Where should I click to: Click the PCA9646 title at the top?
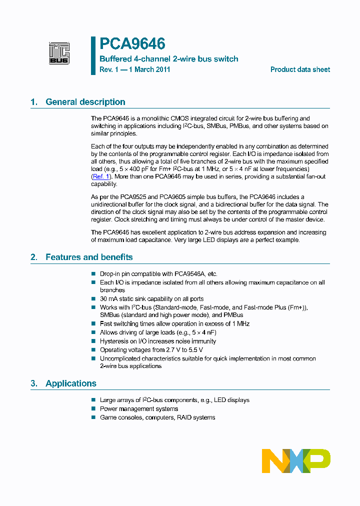pyautogui.click(x=132, y=44)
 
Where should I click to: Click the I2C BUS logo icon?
pyautogui.click(x=59, y=53)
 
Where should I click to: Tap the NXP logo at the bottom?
pyautogui.click(x=296, y=460)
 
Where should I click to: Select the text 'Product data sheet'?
pyautogui.click(x=300, y=69)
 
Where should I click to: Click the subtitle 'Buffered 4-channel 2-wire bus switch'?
pyautogui.click(x=169, y=59)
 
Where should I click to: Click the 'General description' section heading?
pyautogui.click(x=85, y=102)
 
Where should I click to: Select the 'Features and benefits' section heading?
pyautogui.click(x=89, y=257)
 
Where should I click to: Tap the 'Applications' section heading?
pyautogui.click(x=70, y=383)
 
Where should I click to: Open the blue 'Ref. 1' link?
pyautogui.click(x=100, y=176)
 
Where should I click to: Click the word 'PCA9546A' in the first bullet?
pyautogui.click(x=188, y=274)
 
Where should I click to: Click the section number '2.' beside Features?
pyautogui.click(x=34, y=257)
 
